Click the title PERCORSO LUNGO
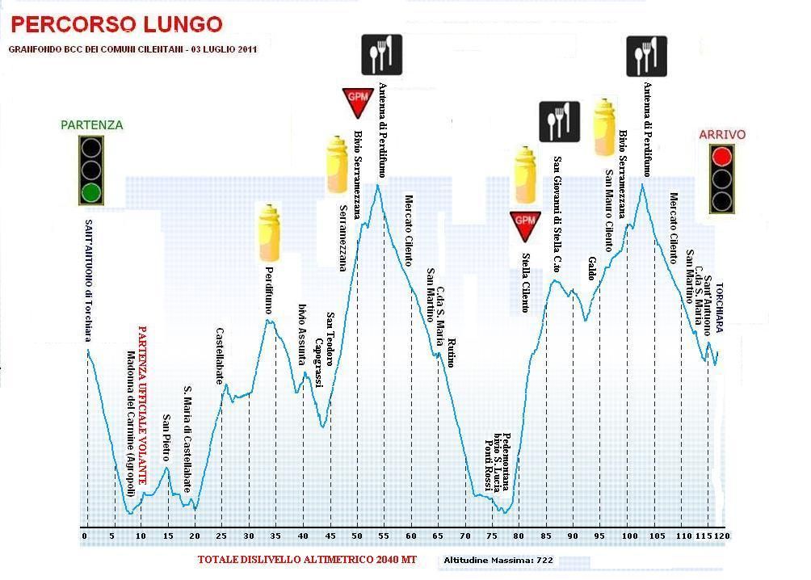[116, 24]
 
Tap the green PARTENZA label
[92, 125]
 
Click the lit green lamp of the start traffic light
[91, 192]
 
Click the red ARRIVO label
[722, 135]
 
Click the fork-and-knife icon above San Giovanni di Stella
[559, 121]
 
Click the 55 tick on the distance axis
[384, 536]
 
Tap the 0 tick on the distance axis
[84, 536]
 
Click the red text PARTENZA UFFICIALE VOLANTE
[143, 405]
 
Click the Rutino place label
[450, 353]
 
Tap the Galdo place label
[592, 268]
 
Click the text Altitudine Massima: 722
[497, 560]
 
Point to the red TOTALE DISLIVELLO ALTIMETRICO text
[307, 559]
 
